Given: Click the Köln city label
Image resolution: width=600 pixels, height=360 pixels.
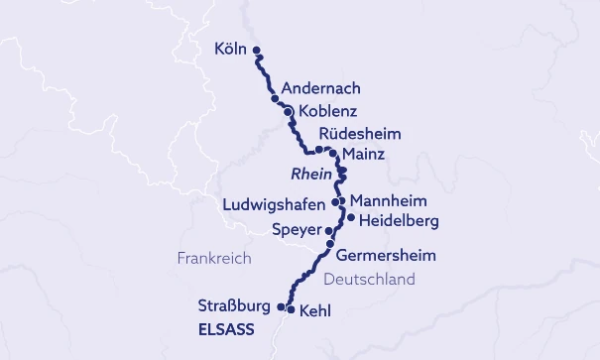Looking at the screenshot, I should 230,49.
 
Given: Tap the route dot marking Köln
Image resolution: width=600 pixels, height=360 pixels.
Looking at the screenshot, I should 256,50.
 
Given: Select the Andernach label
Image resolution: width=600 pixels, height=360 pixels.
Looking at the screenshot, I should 321,87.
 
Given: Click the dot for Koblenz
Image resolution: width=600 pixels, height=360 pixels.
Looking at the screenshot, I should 288,111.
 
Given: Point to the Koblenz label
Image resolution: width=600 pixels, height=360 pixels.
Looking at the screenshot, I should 327,111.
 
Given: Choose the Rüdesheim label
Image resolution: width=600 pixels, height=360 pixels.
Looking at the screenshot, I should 361,134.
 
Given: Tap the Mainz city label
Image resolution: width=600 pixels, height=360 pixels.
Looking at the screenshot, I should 363,155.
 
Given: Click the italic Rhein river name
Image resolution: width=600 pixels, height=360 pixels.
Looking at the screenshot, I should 310,175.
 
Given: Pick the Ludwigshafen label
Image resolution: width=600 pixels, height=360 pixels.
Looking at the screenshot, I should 274,205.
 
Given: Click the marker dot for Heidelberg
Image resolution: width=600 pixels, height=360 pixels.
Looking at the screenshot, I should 350,217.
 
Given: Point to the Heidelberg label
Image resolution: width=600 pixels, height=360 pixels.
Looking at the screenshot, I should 399,219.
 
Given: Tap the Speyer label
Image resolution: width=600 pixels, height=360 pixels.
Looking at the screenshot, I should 297,230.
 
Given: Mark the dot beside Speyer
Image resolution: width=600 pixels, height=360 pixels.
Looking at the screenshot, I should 329,229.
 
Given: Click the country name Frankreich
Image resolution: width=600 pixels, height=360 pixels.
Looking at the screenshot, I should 214,258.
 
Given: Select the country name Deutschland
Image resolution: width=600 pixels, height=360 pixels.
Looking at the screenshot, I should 369,281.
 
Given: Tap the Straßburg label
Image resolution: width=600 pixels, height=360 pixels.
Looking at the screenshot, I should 234,305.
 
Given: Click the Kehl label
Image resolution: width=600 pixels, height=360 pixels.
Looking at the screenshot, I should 314,310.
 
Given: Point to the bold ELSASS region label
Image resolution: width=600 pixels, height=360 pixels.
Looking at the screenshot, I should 226,328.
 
